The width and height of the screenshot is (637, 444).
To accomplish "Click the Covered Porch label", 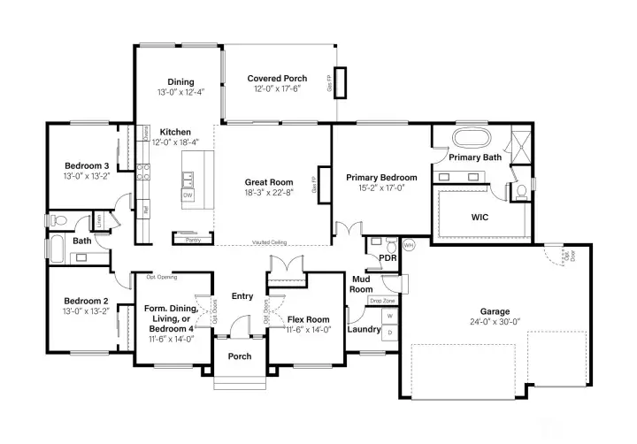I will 277,79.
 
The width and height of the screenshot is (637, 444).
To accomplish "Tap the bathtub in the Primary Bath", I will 470,139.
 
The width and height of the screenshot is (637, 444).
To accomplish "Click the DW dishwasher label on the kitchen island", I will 188,195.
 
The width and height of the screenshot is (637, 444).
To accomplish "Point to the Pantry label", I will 191,239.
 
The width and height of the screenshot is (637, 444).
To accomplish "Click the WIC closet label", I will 480,217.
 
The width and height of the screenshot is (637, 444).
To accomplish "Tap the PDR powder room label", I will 386,257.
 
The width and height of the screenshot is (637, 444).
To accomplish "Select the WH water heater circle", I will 408,245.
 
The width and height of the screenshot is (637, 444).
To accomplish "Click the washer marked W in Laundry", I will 390,315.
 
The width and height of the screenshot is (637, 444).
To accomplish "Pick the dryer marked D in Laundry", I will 390,333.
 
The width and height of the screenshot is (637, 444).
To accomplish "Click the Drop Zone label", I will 381,301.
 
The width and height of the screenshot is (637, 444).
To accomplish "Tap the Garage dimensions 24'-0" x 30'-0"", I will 495,323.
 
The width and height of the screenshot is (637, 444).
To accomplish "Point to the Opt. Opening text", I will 162,277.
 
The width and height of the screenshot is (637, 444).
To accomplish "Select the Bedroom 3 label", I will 87,165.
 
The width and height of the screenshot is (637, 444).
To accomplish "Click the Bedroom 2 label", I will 87,301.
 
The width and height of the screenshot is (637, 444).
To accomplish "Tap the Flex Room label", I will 309,318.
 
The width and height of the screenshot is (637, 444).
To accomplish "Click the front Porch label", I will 240,356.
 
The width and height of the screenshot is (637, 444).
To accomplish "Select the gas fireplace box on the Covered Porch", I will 342,82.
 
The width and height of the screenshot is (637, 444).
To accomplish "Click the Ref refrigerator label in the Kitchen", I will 145,210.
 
